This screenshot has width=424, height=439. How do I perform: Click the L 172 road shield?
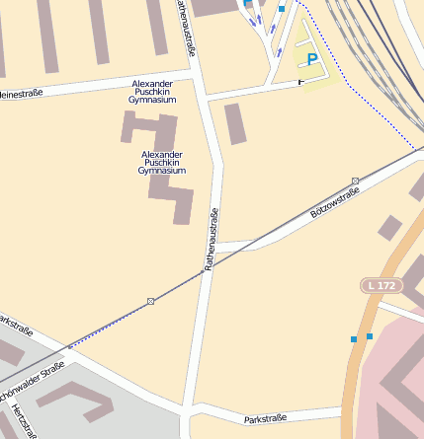tap(381, 285)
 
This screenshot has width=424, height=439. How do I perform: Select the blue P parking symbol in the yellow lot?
tap(312, 60)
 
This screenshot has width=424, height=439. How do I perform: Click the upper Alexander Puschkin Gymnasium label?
tap(152, 92)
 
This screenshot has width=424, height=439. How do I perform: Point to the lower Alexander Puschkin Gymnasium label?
tap(162, 163)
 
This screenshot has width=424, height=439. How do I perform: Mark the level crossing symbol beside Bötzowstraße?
tap(355, 181)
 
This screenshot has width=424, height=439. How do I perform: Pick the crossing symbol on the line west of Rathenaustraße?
tap(151, 300)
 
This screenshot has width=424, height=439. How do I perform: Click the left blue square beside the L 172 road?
tap(354, 339)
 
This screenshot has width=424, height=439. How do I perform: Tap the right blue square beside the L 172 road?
tap(370, 336)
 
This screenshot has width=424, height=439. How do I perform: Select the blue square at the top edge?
tap(282, 8)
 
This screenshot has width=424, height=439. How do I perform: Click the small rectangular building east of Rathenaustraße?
tap(235, 123)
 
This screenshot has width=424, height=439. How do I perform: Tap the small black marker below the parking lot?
tap(301, 83)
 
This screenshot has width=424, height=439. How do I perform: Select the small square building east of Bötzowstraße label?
tap(390, 228)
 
